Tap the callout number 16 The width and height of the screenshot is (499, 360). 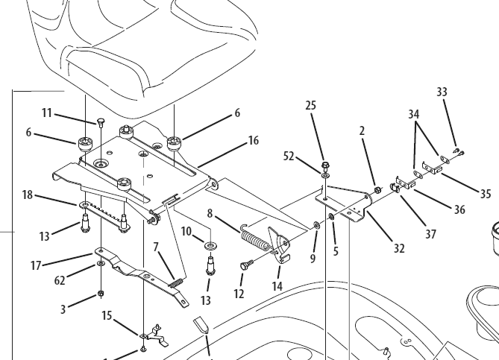253,140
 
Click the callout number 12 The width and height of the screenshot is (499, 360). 239,294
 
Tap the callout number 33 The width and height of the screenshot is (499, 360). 442,92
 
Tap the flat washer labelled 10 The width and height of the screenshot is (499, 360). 211,244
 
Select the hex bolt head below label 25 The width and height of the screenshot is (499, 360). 326,165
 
